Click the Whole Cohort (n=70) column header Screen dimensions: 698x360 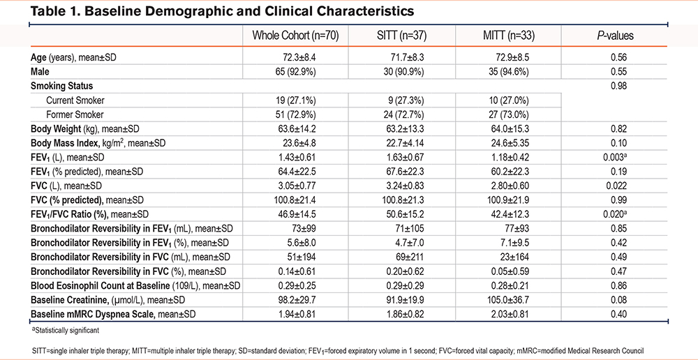pos(296,36)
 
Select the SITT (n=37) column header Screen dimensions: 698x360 pos(402,36)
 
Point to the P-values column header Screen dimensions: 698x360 pos(615,36)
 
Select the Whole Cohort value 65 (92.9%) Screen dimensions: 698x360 pos(296,71)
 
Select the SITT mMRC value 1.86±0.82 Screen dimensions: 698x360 pos(402,315)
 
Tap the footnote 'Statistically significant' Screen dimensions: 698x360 pos(65,330)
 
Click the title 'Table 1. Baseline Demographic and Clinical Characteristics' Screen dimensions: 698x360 pos(223,12)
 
